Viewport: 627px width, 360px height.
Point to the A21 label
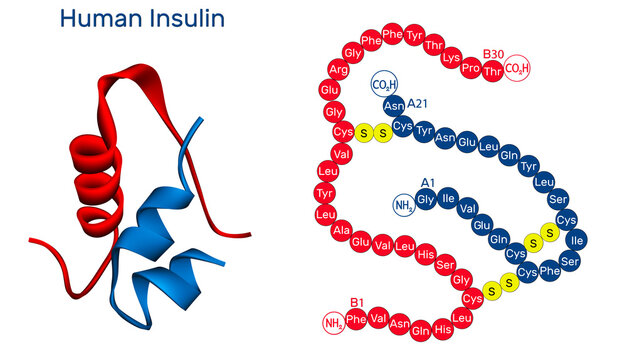[x=418, y=104]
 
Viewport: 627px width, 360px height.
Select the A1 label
[x=427, y=183]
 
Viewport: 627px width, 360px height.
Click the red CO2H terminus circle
[x=517, y=68]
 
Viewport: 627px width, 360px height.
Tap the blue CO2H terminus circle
[x=383, y=84]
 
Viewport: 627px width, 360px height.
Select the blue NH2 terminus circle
[x=403, y=206]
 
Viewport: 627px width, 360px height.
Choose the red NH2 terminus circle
[x=334, y=323]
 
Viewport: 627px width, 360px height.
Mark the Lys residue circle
[x=451, y=57]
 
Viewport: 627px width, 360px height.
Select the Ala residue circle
[x=339, y=231]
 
